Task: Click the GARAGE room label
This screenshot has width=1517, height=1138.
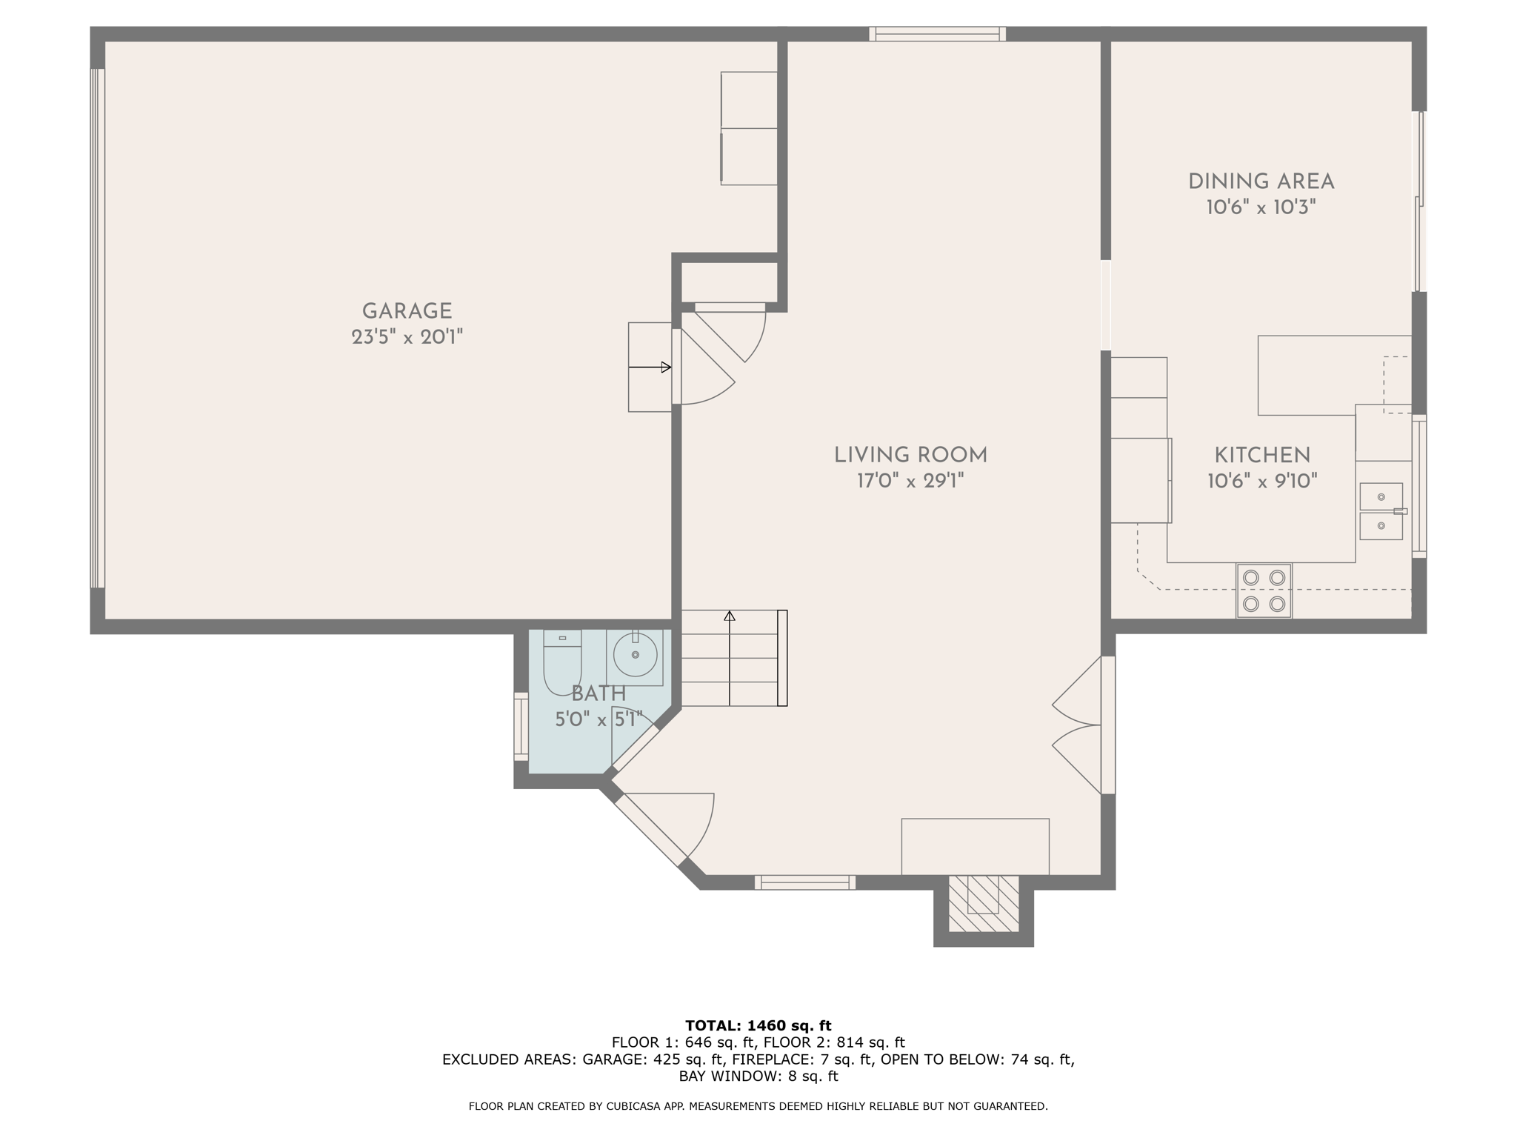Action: click(407, 311)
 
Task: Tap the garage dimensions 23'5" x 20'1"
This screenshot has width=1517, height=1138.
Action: click(407, 338)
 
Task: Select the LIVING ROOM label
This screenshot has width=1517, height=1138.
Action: click(910, 455)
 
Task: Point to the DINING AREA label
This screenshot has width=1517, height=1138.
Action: click(1261, 182)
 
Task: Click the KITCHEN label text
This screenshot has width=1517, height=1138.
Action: click(1262, 455)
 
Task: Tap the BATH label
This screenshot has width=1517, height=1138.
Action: click(599, 694)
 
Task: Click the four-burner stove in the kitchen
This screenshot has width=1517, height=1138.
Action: click(1264, 590)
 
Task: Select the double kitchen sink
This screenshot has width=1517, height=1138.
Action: click(1381, 511)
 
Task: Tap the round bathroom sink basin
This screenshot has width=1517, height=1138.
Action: click(636, 655)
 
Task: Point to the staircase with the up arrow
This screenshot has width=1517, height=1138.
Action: click(733, 658)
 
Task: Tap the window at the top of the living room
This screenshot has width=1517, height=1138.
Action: click(937, 33)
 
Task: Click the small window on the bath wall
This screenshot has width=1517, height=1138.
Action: click(521, 726)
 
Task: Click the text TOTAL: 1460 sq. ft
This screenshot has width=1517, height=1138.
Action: click(758, 1025)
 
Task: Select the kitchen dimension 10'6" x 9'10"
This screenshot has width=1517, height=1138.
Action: click(1262, 482)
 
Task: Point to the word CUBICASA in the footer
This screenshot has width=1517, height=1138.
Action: click(636, 1106)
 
